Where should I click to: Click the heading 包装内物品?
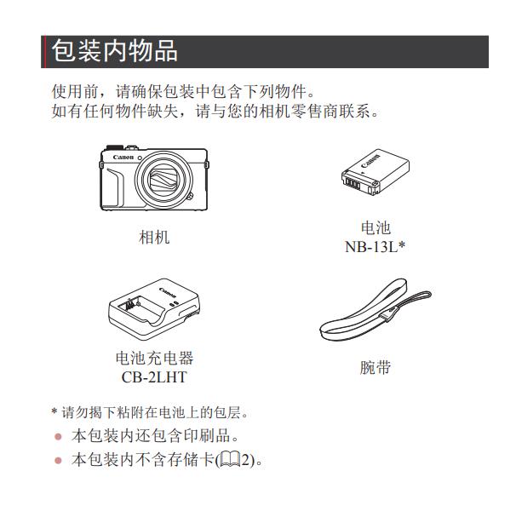[115, 51]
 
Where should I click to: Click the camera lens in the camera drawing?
[163, 181]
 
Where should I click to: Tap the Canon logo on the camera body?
[123, 158]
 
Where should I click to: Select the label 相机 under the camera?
[154, 238]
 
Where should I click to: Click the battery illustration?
[376, 172]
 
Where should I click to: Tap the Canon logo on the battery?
[370, 161]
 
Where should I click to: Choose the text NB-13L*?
[375, 247]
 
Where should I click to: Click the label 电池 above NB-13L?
[376, 227]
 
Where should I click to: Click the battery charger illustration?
[154, 309]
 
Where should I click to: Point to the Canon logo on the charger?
[168, 292]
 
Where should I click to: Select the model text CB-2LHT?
[154, 377]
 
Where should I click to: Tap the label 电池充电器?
[154, 358]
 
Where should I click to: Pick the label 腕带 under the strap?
[376, 367]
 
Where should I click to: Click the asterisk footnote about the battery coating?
[150, 412]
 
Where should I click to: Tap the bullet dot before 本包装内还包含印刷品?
[59, 437]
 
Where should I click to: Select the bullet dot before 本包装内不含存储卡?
[59, 460]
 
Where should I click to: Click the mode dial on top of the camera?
[114, 146]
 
